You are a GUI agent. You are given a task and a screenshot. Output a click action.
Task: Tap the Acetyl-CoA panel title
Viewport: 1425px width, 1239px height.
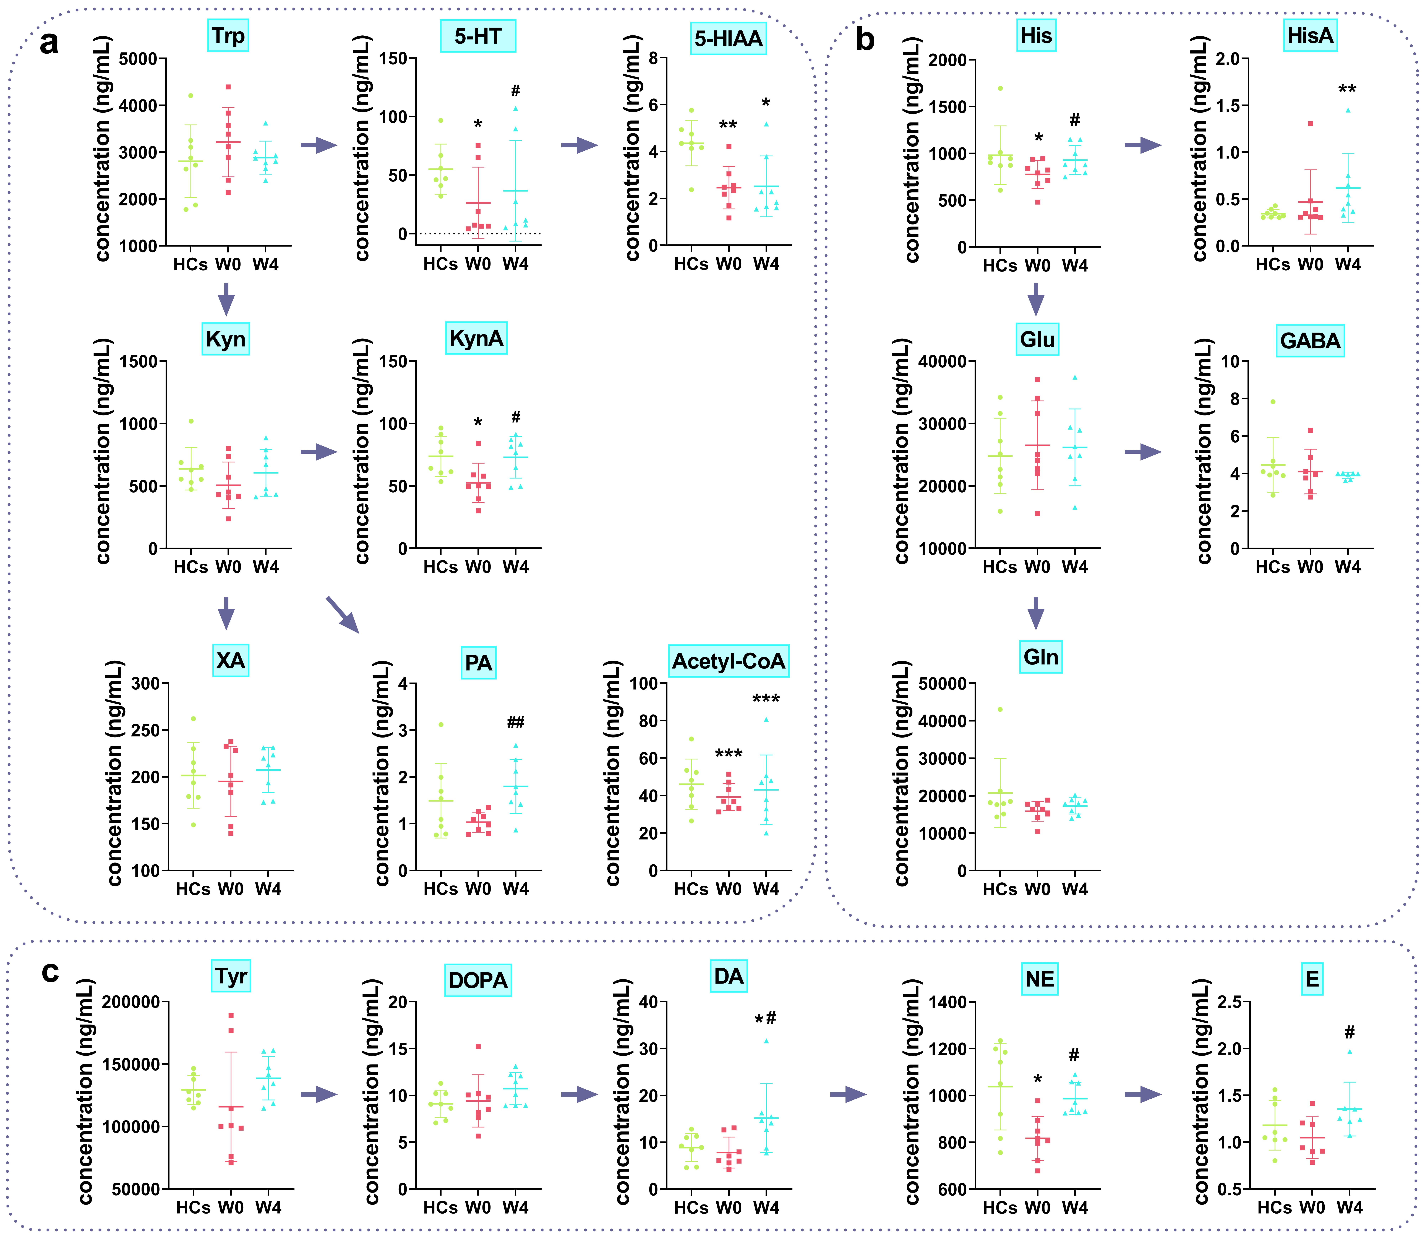coord(729,661)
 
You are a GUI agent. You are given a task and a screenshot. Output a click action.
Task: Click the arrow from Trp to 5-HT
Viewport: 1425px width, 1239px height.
coord(319,145)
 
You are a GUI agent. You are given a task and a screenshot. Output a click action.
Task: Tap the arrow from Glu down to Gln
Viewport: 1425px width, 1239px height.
coord(1035,613)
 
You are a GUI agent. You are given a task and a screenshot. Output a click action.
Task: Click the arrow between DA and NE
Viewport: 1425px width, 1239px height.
coord(848,1094)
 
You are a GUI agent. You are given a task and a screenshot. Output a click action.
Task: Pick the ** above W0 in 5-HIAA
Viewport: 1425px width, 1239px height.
coord(728,125)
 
